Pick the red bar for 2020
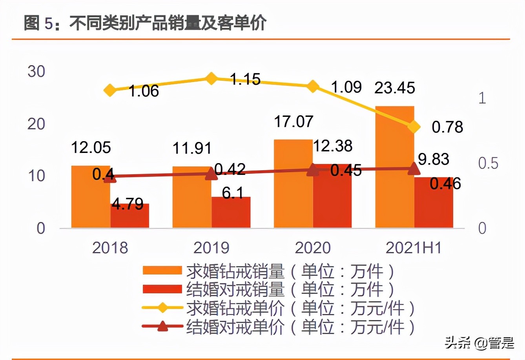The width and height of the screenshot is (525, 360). tap(332, 196)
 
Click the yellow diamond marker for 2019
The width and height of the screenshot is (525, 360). tap(211, 78)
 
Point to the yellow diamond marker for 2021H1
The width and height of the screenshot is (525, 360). tap(414, 127)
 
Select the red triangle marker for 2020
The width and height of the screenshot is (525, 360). tap(313, 170)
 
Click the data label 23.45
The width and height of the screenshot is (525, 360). tap(394, 88)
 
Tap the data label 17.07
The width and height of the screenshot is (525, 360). tap(293, 121)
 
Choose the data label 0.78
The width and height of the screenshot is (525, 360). tap(447, 127)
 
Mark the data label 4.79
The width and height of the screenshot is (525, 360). tap(128, 204)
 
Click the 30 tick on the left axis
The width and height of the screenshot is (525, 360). tap(36, 72)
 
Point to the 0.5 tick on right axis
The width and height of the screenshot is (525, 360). tap(488, 163)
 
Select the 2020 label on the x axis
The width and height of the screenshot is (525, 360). tap(313, 248)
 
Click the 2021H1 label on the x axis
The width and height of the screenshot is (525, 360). tap(414, 248)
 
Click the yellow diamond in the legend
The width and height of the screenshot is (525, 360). tap(162, 308)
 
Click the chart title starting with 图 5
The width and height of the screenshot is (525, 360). tap(145, 23)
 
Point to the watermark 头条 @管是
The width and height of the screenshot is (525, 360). tap(479, 343)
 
